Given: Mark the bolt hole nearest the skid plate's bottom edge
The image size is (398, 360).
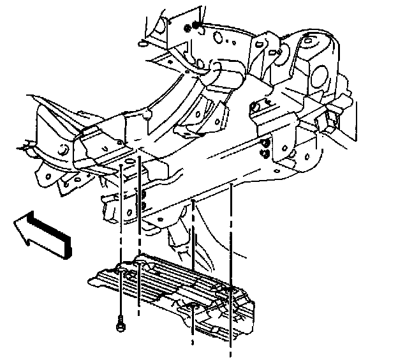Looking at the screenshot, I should pos(192,310).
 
